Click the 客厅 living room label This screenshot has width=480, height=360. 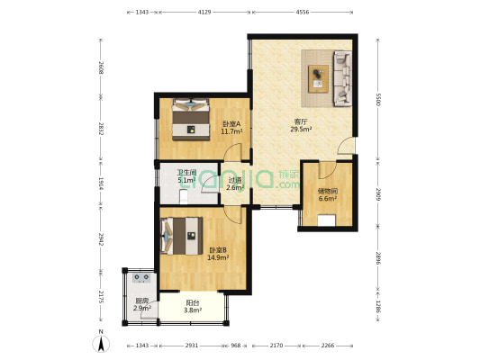(x=301, y=121)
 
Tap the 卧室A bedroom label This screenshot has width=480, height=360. (x=231, y=124)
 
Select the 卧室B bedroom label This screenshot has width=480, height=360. (x=218, y=250)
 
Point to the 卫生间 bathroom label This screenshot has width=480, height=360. (x=186, y=173)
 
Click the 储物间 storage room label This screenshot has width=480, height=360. (x=328, y=192)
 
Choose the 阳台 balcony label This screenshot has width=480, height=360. (x=193, y=302)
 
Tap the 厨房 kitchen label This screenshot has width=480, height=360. (x=141, y=301)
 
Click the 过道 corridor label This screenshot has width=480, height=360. (x=235, y=181)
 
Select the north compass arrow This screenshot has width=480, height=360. (x=101, y=343)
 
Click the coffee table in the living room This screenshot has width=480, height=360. (x=319, y=78)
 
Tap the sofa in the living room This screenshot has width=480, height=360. (x=342, y=78)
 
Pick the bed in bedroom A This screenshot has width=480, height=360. (x=191, y=120)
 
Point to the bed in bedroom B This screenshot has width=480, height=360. (x=181, y=236)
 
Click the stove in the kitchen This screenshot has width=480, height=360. (x=142, y=278)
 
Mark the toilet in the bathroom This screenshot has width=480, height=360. (x=184, y=196)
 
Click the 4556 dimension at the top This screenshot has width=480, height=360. (x=303, y=13)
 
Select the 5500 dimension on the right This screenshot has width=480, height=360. (x=377, y=100)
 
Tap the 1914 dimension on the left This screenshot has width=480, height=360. (x=101, y=184)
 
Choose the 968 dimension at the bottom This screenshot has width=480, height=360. (x=235, y=346)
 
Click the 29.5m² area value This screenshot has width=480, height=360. (x=301, y=129)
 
